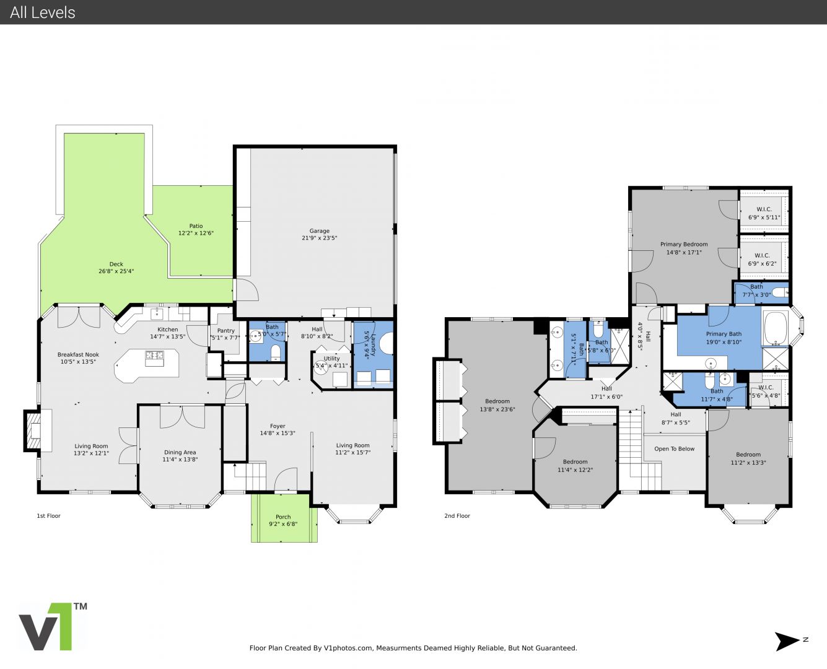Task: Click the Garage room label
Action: click(319, 230)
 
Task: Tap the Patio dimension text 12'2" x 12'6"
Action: click(196, 233)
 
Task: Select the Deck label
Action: click(116, 264)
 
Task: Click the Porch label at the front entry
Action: click(283, 517)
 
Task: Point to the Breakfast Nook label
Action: click(78, 354)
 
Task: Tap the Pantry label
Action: click(225, 331)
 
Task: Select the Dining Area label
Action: click(180, 452)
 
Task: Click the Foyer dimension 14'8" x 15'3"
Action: click(278, 433)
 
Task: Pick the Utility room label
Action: click(331, 359)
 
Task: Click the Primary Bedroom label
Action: click(684, 244)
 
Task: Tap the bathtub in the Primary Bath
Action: click(776, 328)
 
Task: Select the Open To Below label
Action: click(674, 449)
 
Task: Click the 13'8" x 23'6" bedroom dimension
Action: click(497, 409)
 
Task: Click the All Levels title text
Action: click(42, 12)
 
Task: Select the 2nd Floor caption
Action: click(457, 515)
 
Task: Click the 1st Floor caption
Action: click(48, 515)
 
